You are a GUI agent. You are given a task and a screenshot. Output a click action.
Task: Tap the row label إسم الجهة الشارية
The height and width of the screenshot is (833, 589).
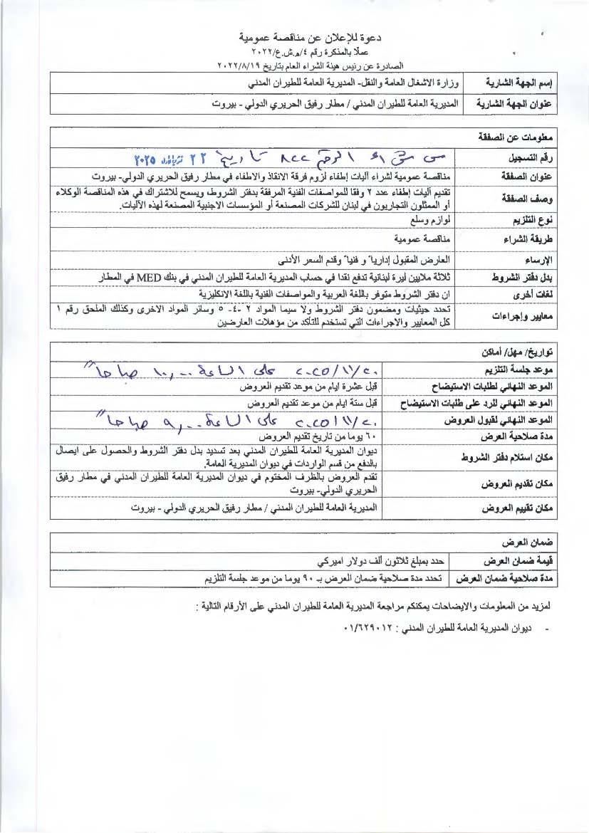(x=518, y=83)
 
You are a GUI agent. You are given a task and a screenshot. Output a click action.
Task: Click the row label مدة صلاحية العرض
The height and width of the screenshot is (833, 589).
(x=521, y=436)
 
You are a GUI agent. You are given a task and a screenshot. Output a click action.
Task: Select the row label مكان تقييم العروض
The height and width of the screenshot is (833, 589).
(x=520, y=509)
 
